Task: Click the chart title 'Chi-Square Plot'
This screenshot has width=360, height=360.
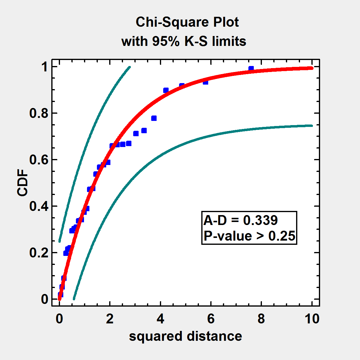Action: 187,22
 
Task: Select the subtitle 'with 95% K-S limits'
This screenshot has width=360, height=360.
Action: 184,41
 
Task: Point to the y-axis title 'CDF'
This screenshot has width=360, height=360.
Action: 22,184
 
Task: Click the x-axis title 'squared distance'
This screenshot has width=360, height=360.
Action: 185,336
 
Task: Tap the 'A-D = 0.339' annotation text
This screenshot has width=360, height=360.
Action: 241,220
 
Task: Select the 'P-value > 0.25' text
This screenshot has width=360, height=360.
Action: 249,236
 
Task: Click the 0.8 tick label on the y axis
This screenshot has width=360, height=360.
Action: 39,113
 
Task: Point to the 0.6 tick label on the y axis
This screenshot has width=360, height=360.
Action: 39,160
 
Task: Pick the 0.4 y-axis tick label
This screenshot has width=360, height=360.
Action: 39,206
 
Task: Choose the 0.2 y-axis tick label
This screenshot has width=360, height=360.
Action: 39,253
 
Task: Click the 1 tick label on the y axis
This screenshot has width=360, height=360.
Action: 45,67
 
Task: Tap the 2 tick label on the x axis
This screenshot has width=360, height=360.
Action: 110,319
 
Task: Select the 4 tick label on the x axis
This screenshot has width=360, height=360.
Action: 160,319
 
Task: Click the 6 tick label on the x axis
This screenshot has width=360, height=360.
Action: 211,319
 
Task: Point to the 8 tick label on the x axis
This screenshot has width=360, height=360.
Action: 261,319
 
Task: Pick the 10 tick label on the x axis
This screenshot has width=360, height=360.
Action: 312,319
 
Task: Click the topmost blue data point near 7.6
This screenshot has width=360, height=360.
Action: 251,69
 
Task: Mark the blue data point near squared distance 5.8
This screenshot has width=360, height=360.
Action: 205,82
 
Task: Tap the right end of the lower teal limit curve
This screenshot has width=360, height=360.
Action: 312,126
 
